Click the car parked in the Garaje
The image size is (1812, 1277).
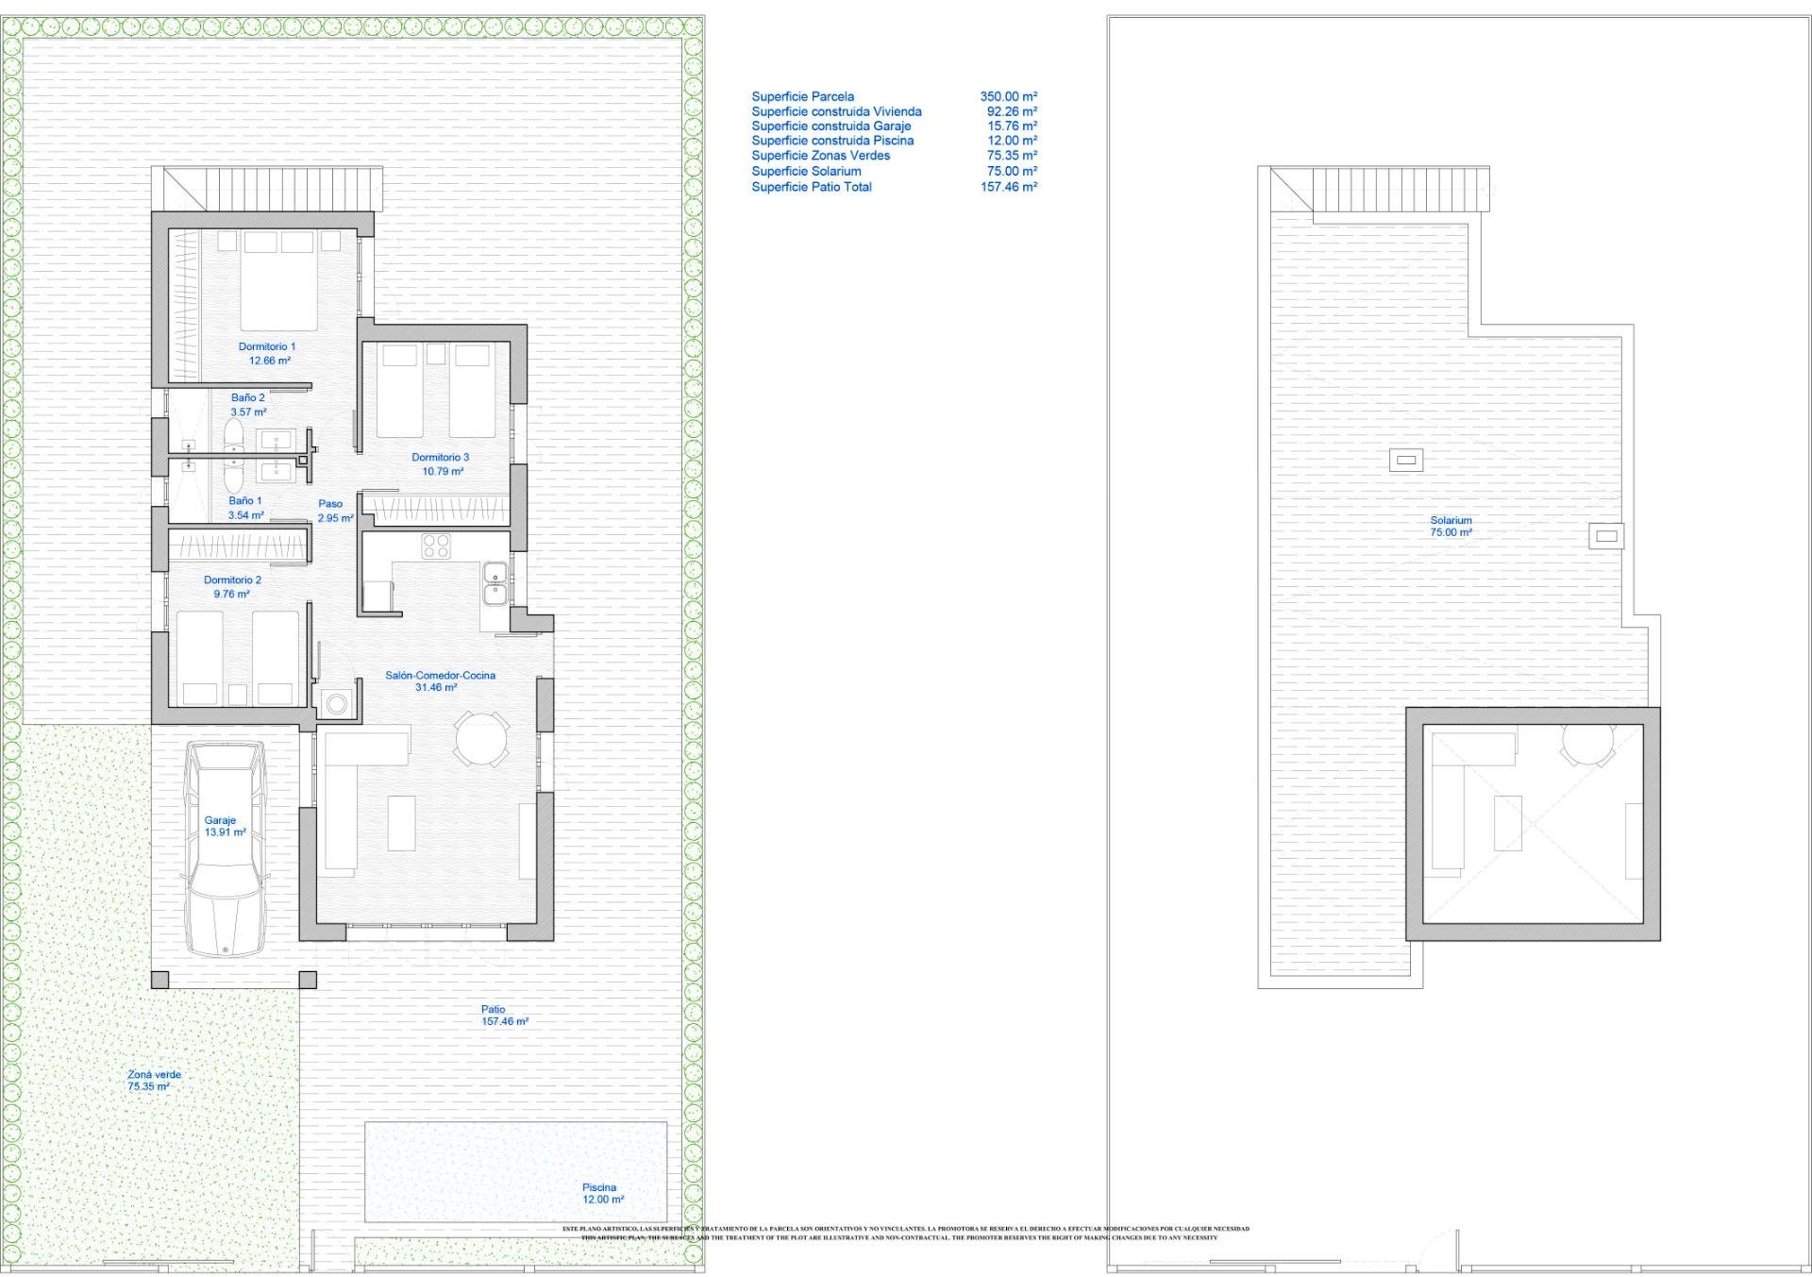(x=226, y=848)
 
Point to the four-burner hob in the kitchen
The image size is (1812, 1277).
(x=435, y=546)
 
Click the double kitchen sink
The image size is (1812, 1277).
(x=495, y=582)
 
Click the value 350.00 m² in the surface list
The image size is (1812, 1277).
(x=1008, y=96)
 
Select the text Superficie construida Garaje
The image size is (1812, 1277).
(x=830, y=126)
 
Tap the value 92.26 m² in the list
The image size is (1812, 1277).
(x=1012, y=111)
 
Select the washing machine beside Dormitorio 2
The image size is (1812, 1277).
(x=336, y=703)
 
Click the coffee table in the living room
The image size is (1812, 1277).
(x=401, y=823)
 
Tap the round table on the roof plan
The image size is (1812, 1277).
(x=1588, y=744)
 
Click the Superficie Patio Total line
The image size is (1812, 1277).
(x=812, y=187)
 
